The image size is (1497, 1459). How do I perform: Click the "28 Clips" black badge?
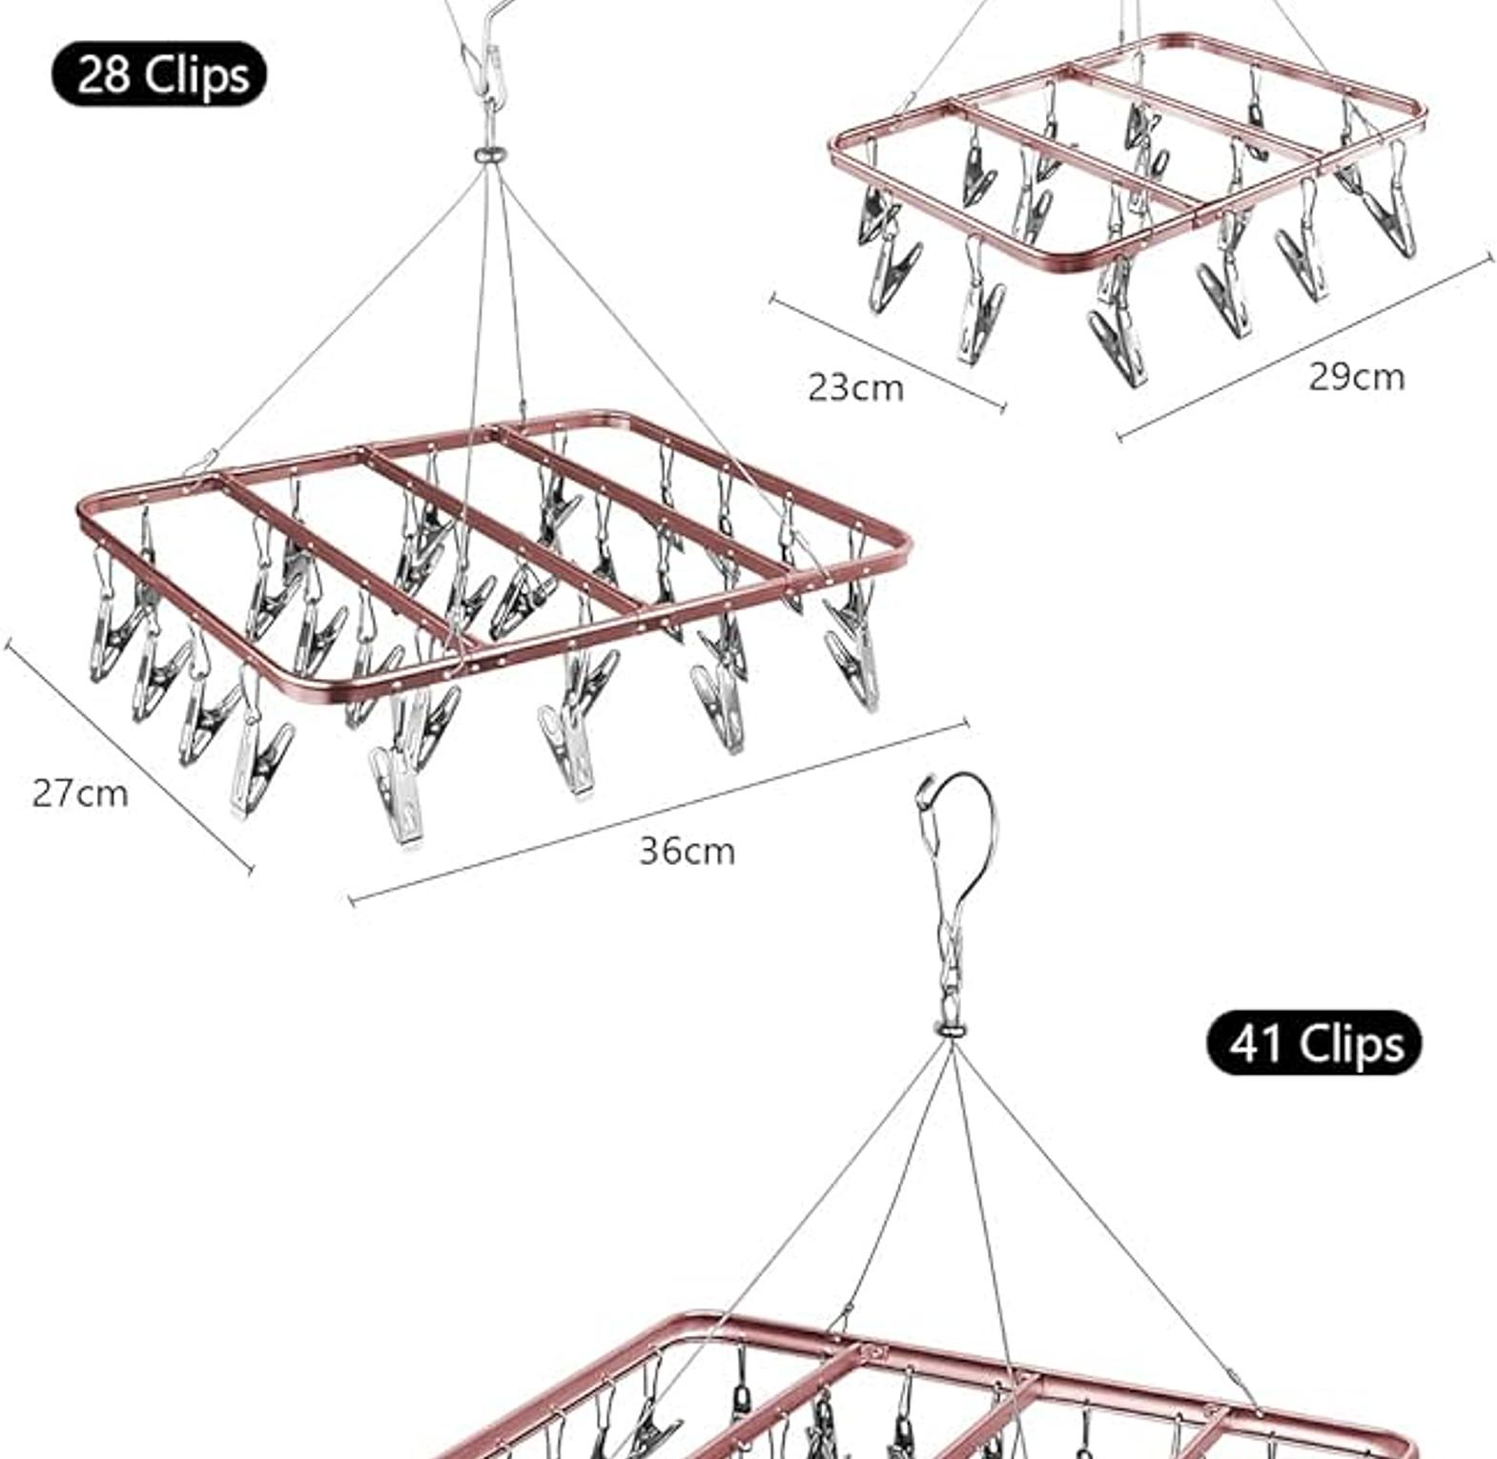click(x=159, y=73)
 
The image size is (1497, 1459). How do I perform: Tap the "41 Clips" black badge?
click(x=1313, y=1042)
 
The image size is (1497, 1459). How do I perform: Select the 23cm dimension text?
click(x=855, y=387)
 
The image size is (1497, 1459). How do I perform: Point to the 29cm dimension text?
click(x=1356, y=377)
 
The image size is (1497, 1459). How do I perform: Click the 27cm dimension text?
click(x=80, y=792)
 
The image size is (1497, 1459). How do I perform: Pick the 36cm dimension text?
click(x=687, y=851)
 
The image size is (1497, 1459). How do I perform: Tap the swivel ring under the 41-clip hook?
click(x=950, y=1029)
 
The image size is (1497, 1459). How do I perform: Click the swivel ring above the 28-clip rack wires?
click(x=489, y=154)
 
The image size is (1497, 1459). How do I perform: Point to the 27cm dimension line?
click(x=130, y=755)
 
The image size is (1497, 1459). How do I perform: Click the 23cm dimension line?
click(x=888, y=354)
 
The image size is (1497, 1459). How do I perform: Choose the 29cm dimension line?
click(x=1304, y=348)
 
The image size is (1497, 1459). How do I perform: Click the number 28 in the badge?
click(x=102, y=73)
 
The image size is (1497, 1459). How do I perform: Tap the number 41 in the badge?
click(x=1257, y=1042)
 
